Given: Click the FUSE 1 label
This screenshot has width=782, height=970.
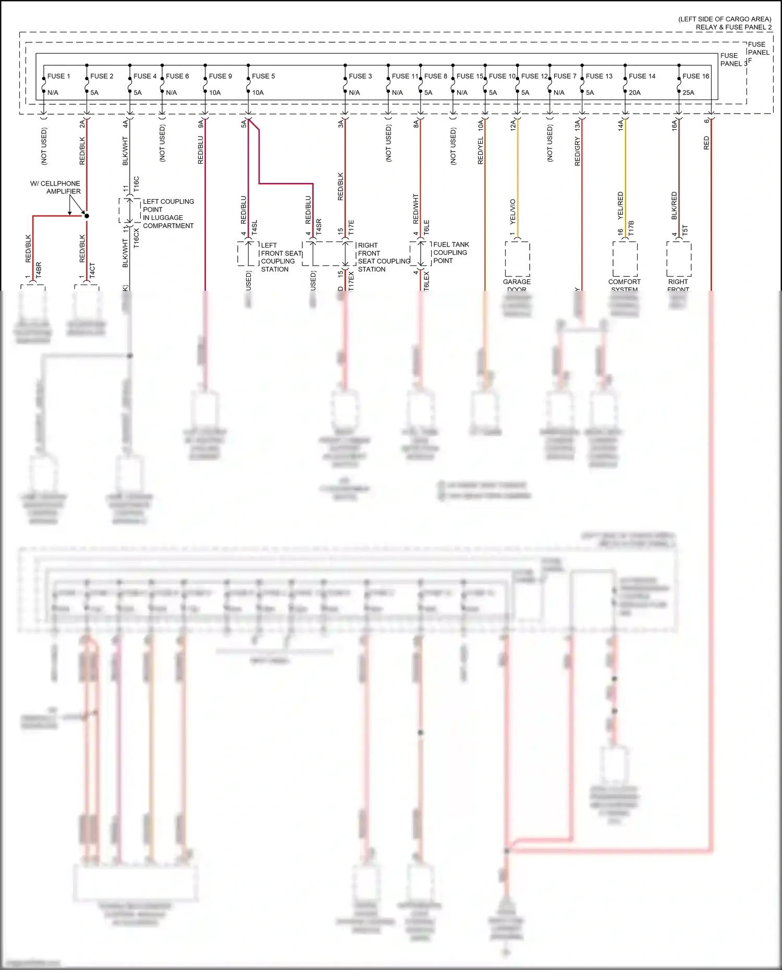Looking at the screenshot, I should (x=58, y=76).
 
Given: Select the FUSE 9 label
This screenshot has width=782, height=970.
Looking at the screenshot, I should (x=220, y=76).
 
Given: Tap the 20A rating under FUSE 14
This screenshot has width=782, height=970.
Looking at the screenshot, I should (x=634, y=93).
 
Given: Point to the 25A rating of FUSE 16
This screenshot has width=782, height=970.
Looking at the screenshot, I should (x=688, y=93).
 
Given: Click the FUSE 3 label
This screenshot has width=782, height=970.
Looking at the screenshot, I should (x=360, y=76).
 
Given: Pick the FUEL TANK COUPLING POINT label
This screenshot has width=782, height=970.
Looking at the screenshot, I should (x=451, y=253).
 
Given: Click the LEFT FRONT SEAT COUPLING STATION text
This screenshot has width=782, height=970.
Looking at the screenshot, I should (x=280, y=257).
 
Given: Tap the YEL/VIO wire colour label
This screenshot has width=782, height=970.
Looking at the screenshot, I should (x=512, y=212).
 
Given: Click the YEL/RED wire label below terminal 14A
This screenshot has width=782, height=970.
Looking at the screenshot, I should (x=620, y=205).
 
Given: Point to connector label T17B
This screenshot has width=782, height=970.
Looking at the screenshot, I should (x=631, y=228).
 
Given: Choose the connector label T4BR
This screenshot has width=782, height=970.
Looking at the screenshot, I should (x=39, y=269).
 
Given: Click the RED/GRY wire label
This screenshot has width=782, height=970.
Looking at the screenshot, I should (x=577, y=152).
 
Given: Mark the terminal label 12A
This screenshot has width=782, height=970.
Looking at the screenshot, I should (x=512, y=125).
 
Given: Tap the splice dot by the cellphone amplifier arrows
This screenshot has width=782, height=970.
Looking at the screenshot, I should (x=87, y=216).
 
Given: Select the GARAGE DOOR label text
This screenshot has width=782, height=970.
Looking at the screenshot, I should (x=517, y=285).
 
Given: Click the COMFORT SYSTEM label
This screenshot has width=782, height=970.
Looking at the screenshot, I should (x=624, y=285).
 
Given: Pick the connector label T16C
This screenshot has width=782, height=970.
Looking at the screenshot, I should (x=137, y=184).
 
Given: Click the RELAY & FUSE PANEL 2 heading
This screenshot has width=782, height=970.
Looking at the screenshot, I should (x=734, y=27).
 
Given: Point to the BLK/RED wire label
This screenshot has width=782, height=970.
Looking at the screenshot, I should (x=674, y=205).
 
